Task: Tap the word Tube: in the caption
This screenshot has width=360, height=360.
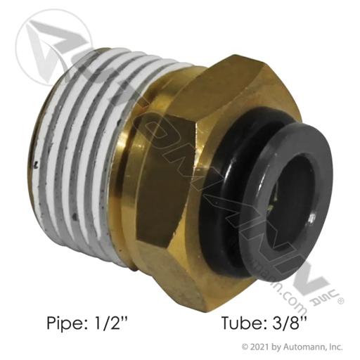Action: tap(243, 323)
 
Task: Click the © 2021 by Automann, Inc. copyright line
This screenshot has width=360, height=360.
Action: tap(292, 347)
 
